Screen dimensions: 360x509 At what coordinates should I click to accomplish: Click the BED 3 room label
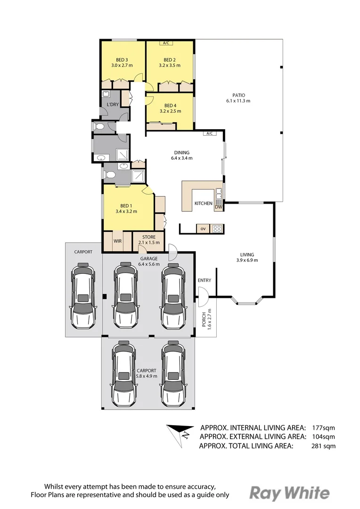(122, 60)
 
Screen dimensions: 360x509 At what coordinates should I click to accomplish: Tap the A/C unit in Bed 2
(166, 43)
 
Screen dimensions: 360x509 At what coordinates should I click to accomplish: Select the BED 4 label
(170, 106)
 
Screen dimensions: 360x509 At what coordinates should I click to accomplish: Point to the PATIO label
(238, 95)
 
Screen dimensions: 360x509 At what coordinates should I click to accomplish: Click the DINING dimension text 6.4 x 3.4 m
(182, 158)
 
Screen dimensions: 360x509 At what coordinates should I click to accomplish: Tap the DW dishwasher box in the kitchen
(219, 207)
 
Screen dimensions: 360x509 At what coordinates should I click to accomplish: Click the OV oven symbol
(203, 229)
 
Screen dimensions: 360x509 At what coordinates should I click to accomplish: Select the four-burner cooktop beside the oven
(217, 229)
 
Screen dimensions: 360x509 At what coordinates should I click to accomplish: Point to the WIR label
(117, 241)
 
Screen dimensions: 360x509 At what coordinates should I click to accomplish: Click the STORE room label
(149, 237)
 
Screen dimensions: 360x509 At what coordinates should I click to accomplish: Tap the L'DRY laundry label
(113, 105)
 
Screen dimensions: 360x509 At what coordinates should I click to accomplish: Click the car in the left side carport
(83, 296)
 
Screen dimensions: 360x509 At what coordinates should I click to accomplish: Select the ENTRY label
(205, 280)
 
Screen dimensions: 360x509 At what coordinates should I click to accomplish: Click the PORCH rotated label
(204, 320)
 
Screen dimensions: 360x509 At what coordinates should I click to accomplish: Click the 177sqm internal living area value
(323, 427)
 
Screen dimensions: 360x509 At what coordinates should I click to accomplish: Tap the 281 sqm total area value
(323, 446)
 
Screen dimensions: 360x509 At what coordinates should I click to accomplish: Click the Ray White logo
(289, 493)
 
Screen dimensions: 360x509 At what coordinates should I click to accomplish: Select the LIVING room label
(247, 254)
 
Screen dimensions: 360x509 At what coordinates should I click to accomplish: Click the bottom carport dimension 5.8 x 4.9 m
(147, 376)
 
